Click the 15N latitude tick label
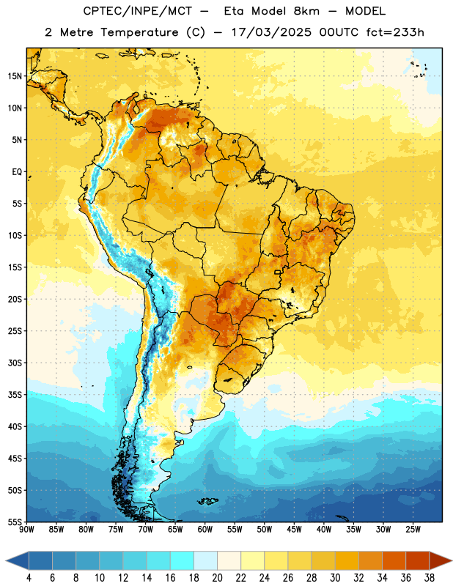(15, 76)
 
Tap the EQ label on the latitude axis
(17, 172)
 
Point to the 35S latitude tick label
(15, 395)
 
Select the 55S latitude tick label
(15, 522)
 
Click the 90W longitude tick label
(26, 529)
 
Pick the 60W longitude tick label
(205, 529)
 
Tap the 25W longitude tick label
(413, 529)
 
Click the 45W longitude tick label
(294, 529)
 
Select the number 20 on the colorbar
(217, 578)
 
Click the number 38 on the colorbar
(430, 578)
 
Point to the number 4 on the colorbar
(29, 578)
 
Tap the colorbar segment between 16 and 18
(183, 560)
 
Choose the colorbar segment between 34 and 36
(394, 560)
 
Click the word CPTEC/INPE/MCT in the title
(137, 11)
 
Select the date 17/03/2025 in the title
(271, 32)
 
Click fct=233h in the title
(395, 32)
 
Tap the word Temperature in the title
(139, 32)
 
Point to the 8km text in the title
(306, 11)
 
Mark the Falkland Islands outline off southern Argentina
(207, 501)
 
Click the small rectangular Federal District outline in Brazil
(278, 272)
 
